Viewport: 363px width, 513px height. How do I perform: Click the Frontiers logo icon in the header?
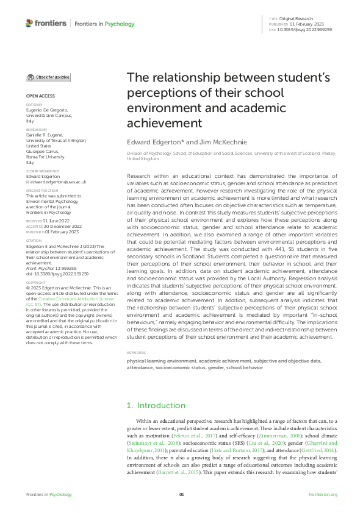click(x=30, y=23)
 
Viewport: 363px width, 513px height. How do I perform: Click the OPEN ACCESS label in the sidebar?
click(x=40, y=96)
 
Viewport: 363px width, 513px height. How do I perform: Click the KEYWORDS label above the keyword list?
click(x=136, y=353)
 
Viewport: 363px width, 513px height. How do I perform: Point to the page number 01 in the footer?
click(x=181, y=494)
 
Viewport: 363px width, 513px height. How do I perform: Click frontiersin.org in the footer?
click(x=323, y=494)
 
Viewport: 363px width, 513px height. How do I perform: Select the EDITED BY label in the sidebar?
click(x=34, y=104)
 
